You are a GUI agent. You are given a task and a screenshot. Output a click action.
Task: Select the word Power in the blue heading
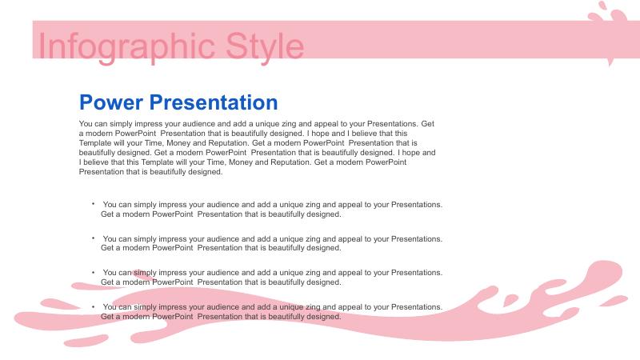coord(111,102)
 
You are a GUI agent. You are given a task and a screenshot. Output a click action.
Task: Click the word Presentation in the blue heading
coord(214,102)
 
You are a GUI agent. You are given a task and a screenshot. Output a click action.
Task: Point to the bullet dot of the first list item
coord(93,203)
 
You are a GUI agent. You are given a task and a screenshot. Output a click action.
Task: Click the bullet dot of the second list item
coord(93,238)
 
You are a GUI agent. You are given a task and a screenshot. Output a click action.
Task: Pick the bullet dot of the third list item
coord(93,271)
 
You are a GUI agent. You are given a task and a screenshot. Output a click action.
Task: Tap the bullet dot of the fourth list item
coord(93,306)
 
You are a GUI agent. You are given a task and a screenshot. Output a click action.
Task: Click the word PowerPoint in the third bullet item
coord(172,282)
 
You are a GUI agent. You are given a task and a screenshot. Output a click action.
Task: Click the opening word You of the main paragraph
coord(86,124)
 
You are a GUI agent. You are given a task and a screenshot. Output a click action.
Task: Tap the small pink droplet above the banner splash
coord(602,6)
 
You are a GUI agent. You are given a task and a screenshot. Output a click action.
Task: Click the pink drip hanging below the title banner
coord(610,62)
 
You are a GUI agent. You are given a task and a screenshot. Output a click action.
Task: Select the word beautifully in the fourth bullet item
coord(287,317)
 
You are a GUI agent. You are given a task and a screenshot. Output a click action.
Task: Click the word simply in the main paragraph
coord(122,124)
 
